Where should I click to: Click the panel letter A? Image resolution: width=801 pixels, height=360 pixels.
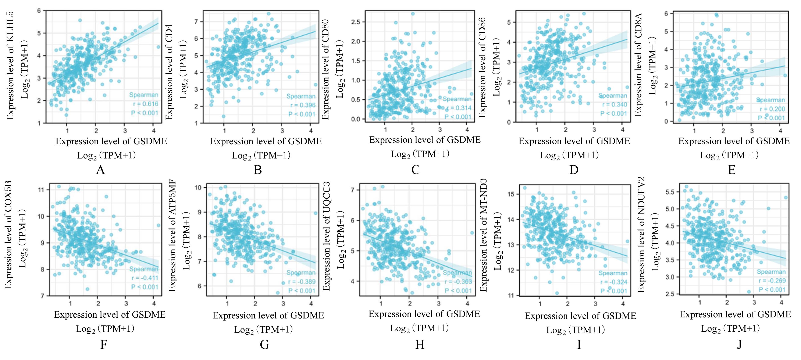coord(100,170)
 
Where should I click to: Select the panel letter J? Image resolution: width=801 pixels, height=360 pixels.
coord(739,345)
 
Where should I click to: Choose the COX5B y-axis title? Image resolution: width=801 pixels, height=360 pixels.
coord(8,235)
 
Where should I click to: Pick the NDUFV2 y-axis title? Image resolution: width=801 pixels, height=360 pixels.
coord(641,235)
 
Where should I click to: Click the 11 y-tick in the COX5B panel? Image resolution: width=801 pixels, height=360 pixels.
coord(41,190)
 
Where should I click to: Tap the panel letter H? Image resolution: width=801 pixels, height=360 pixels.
coord(420,345)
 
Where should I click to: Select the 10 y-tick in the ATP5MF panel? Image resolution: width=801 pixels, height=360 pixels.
coord(198,188)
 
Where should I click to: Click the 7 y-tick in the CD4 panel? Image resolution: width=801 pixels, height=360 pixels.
coord(196,22)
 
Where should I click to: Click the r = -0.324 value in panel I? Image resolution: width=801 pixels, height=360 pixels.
coord(614,282)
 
